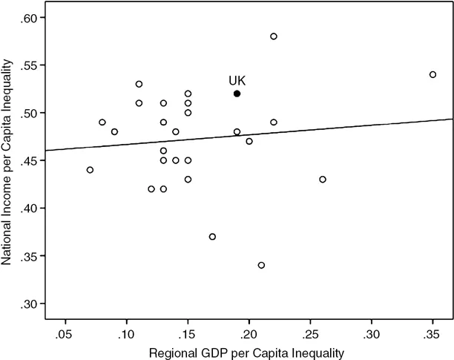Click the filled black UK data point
click(237, 94)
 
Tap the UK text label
click(237, 80)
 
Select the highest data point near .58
click(274, 36)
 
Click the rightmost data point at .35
click(432, 74)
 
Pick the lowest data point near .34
click(261, 265)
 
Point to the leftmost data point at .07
click(90, 170)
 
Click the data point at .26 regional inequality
click(323, 179)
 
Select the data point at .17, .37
click(212, 237)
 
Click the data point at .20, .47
click(249, 141)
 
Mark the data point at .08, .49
click(102, 122)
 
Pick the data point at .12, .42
click(151, 189)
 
